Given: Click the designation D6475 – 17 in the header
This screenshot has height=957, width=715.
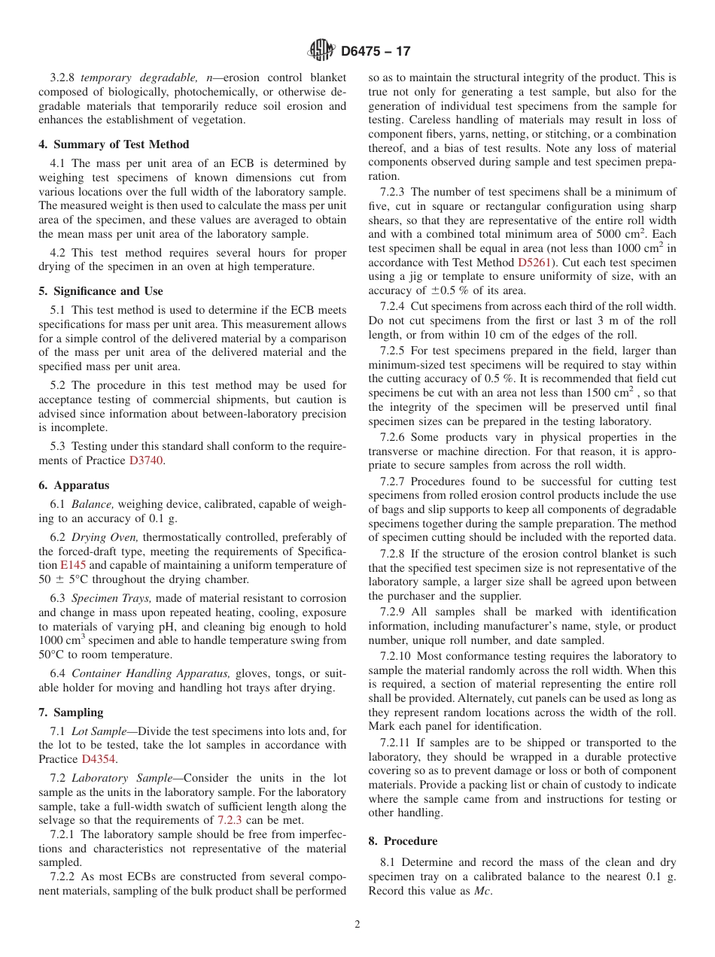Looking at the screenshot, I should (376, 51).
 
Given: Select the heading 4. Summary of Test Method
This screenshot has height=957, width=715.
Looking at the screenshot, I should (114, 144).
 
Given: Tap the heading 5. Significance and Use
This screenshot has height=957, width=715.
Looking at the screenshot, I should (100, 291).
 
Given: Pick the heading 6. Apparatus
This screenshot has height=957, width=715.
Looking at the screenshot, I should (74, 485).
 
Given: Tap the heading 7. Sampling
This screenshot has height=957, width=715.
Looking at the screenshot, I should (71, 712).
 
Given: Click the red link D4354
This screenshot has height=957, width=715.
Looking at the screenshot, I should (99, 759).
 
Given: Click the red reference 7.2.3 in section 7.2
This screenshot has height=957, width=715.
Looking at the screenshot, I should (230, 820).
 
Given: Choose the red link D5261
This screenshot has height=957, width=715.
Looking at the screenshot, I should (534, 262).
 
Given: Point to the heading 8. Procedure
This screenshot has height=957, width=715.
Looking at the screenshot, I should (403, 841).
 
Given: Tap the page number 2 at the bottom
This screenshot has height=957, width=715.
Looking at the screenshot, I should (357, 925).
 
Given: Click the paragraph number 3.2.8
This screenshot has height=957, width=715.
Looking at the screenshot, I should (64, 77).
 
